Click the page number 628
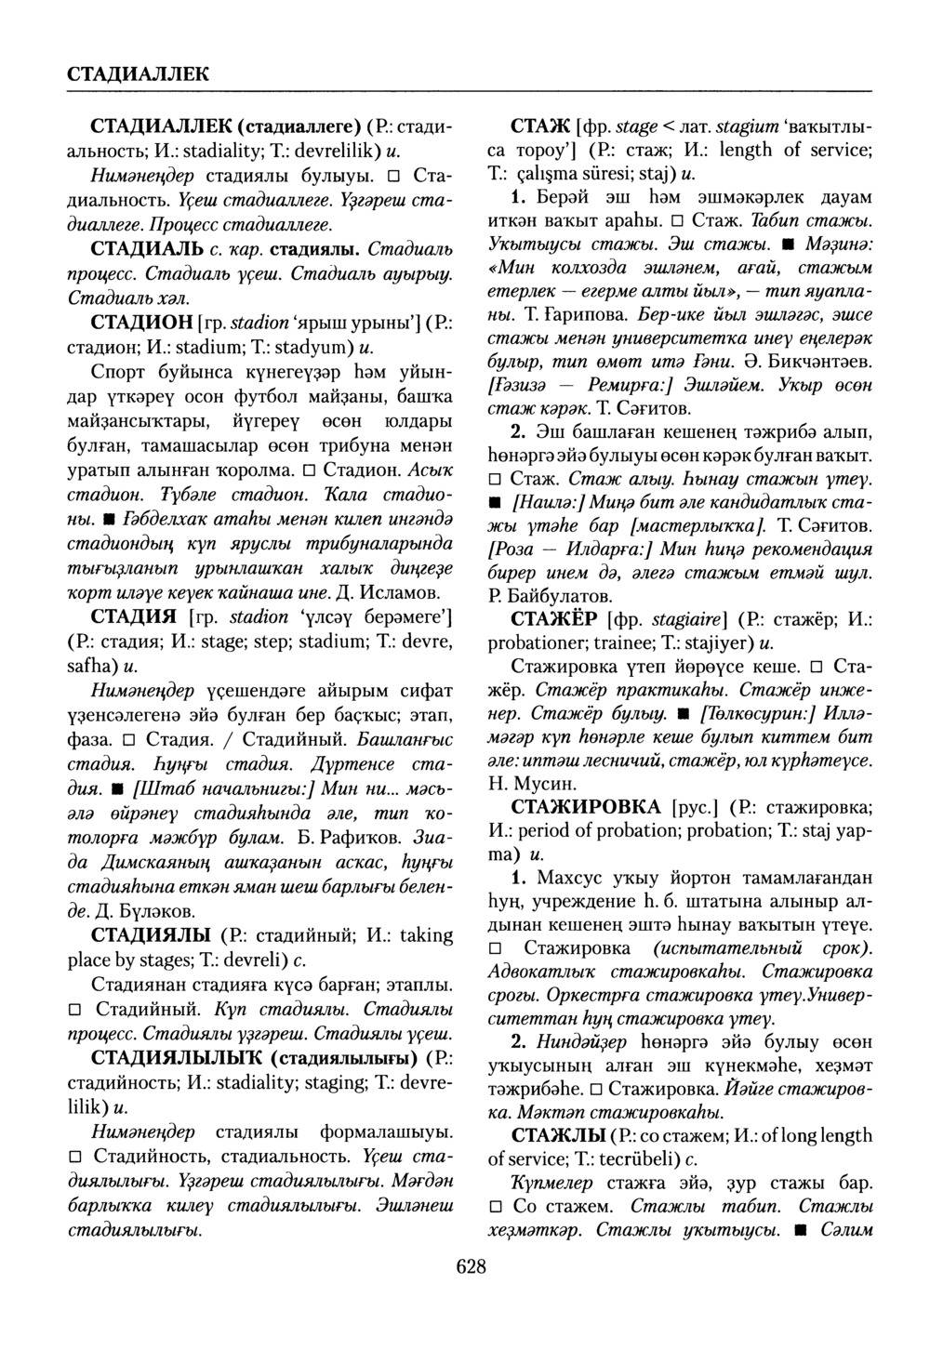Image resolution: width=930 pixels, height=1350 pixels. [472, 1264]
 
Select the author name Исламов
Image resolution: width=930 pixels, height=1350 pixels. [396, 591]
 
